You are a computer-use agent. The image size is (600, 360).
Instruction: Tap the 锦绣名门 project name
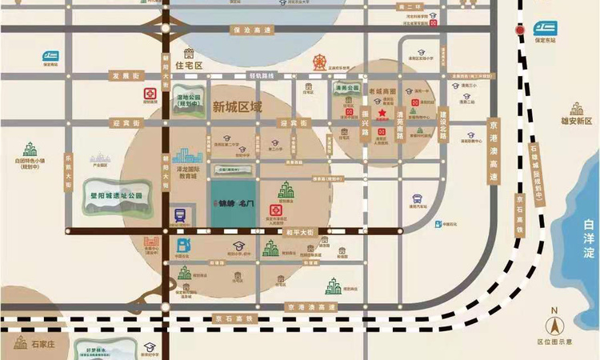pyautogui.click(x=237, y=204)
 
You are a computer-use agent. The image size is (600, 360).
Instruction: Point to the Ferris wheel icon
pyautogui.click(x=321, y=60)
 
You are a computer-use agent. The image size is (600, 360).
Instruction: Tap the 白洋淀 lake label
pyautogui.click(x=590, y=239)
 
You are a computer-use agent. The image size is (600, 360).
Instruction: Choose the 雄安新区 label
pyautogui.click(x=576, y=121)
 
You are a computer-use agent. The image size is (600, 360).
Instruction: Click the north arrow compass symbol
pyautogui.click(x=553, y=323)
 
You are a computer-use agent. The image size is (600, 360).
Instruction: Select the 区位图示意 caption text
pyautogui.click(x=555, y=342)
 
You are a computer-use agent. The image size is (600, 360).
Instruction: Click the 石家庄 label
pyautogui.click(x=45, y=344)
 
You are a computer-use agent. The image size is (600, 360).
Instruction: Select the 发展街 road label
pyautogui.click(x=126, y=75)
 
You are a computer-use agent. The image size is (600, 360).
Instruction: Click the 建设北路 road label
pyautogui.click(x=442, y=125)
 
